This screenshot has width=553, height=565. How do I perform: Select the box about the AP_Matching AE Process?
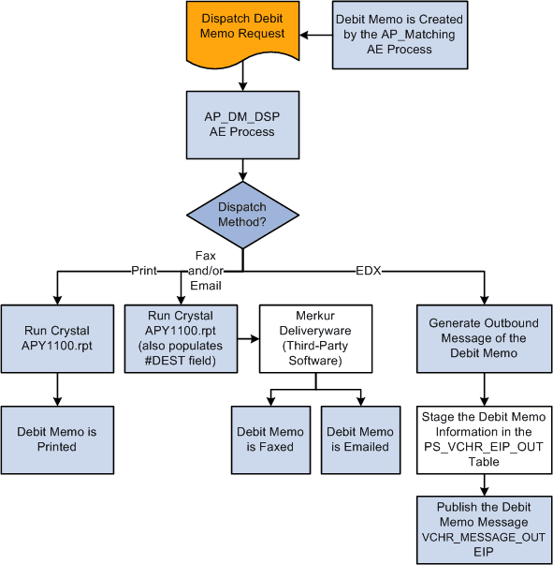coord(400,35)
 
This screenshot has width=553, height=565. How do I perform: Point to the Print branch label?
coord(143,271)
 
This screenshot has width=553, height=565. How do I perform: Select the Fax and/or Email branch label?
coord(206,270)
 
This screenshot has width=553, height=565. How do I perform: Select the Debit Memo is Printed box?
coord(58,439)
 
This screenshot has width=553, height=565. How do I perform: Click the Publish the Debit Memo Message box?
coord(485,529)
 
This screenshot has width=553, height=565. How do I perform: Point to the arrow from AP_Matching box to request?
coord(316,36)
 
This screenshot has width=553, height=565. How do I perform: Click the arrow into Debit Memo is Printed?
coord(58,389)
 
